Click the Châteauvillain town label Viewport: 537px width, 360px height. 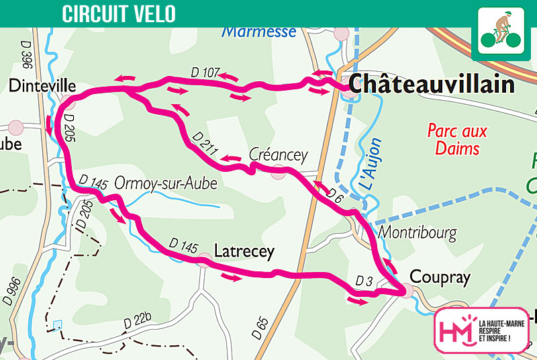432,85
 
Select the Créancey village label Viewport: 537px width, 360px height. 278,155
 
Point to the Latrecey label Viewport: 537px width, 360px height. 244,252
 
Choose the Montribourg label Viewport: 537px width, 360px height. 418,233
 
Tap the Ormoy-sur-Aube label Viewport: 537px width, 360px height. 166,183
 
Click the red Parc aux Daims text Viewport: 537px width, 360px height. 457,139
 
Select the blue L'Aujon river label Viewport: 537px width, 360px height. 371,164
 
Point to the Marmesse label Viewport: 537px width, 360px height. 258,32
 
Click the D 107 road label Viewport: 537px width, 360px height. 205,73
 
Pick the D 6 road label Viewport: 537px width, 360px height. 336,194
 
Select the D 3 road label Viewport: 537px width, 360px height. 363,280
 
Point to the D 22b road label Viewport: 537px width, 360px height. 137,322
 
